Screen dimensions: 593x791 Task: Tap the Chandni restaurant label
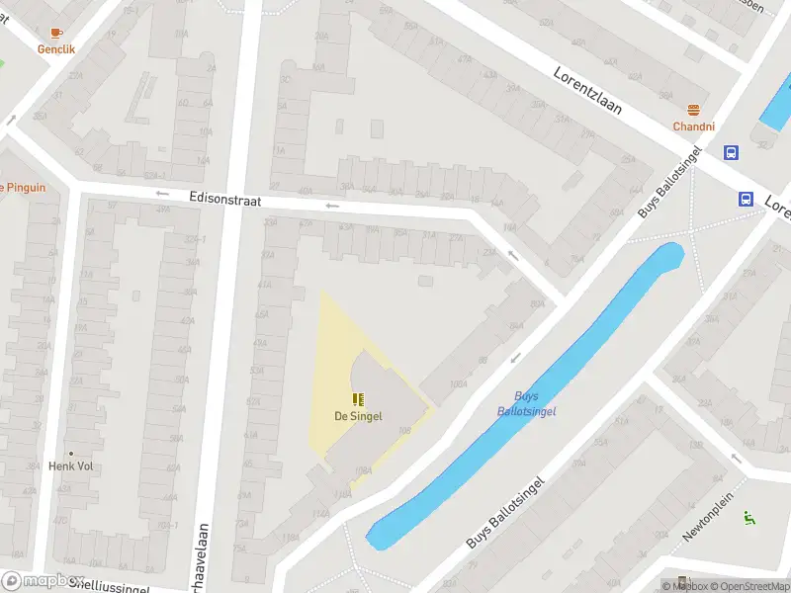point(693,127)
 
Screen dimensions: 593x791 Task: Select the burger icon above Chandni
point(693,111)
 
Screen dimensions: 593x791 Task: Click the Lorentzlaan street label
point(587,91)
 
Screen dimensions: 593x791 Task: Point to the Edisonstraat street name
point(225,200)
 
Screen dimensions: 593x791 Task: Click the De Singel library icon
point(358,400)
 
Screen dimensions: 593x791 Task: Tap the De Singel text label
point(358,417)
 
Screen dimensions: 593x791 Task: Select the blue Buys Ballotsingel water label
point(525,402)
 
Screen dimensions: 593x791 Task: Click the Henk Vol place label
point(70,466)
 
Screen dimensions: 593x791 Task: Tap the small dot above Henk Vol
point(70,454)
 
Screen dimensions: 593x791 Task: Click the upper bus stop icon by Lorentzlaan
point(731,152)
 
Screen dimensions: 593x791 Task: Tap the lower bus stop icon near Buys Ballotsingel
point(745,198)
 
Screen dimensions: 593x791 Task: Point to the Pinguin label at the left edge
point(22,187)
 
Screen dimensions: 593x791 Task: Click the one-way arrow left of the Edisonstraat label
point(163,195)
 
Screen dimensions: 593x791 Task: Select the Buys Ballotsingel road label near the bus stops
point(668,182)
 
